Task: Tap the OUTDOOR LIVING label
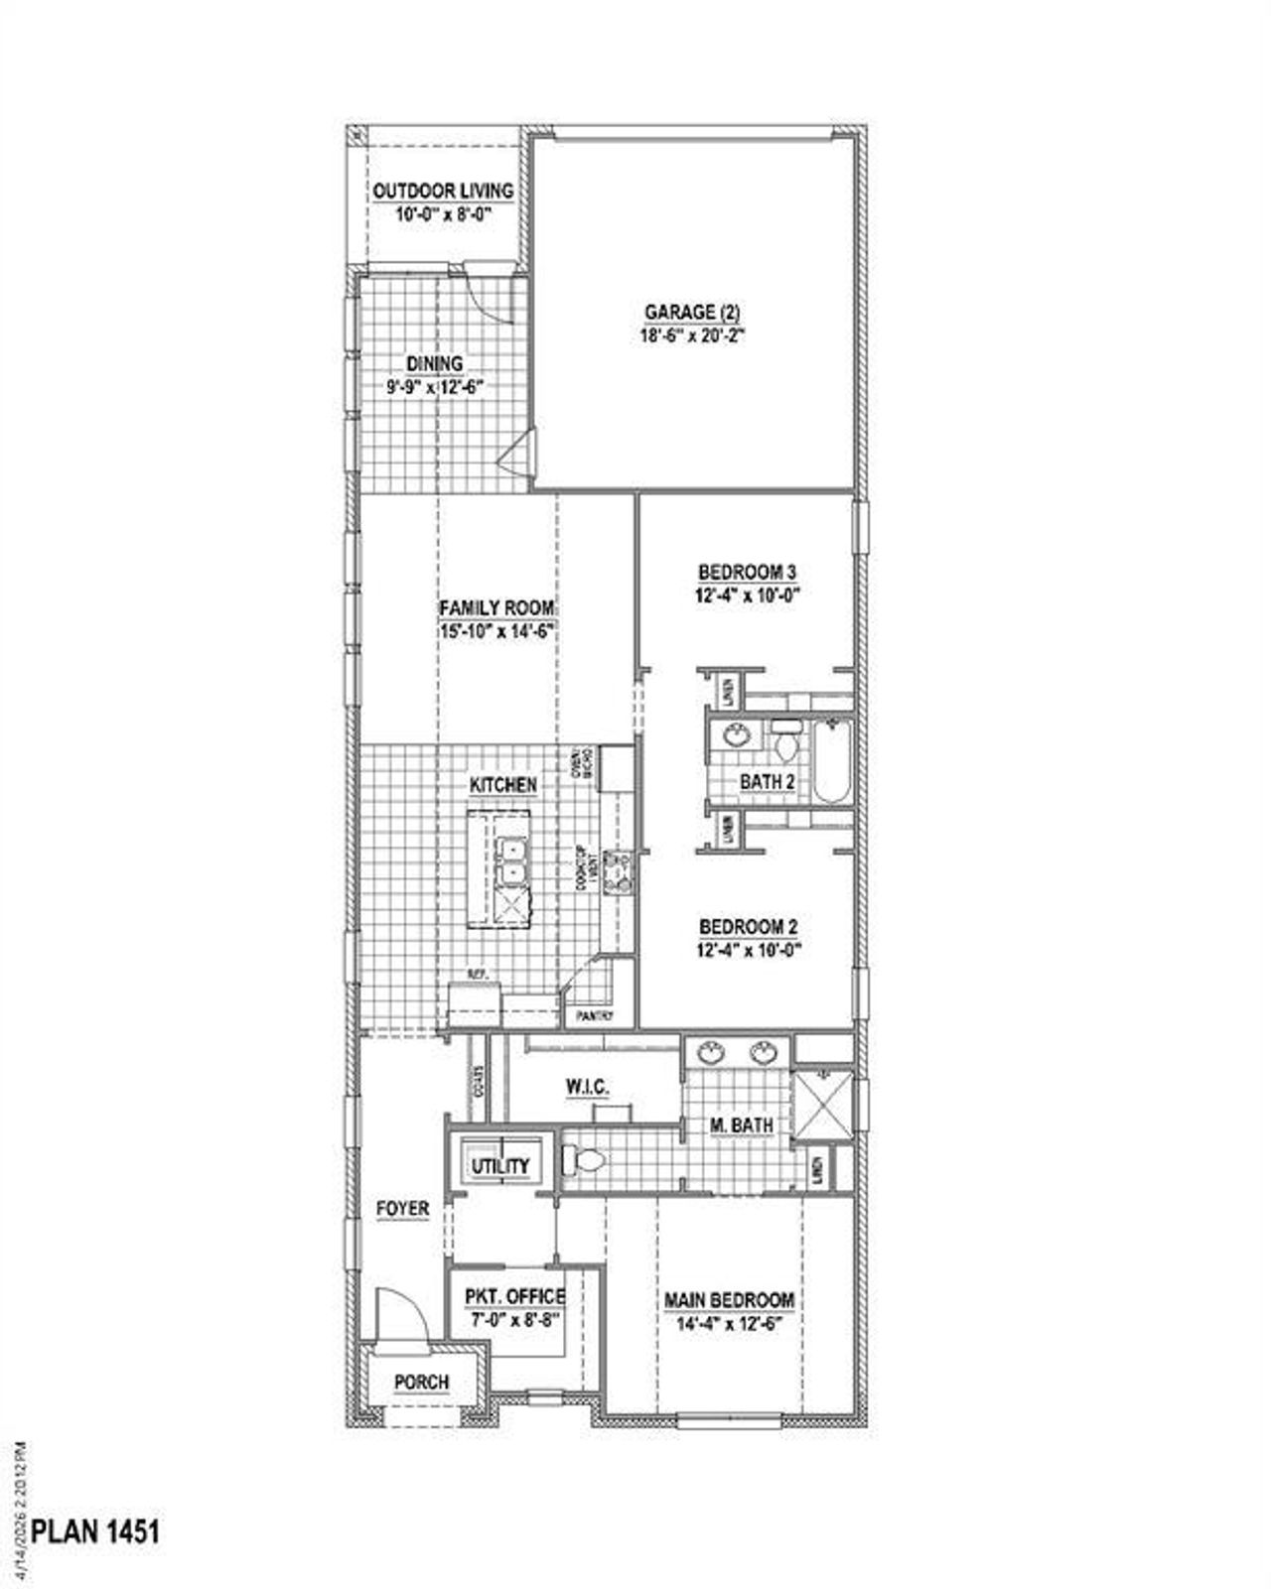point(443,191)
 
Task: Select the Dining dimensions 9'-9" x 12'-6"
point(435,388)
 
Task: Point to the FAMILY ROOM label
point(496,607)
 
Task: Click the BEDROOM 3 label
point(748,572)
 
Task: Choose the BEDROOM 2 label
point(749,927)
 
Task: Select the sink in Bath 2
point(736,736)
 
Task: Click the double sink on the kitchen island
point(513,861)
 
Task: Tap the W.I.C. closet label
point(588,1088)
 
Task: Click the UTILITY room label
point(500,1166)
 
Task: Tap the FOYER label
point(402,1208)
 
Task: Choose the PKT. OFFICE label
point(514,1296)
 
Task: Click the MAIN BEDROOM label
point(729,1299)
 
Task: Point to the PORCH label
point(421,1382)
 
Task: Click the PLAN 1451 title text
point(95,1531)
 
